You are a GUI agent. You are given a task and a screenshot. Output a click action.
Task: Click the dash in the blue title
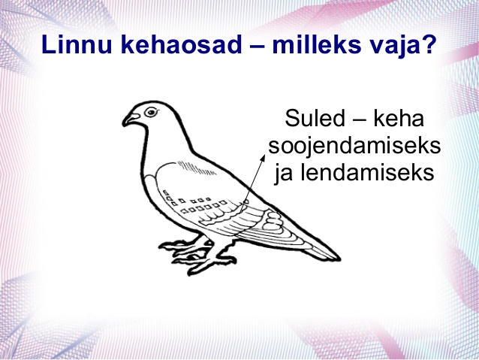[x=257, y=47]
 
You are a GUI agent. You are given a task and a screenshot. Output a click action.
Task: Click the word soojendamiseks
[x=354, y=146]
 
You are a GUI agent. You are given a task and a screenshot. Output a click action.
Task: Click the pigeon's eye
[x=151, y=112]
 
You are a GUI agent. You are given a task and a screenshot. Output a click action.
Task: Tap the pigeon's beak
[x=130, y=119]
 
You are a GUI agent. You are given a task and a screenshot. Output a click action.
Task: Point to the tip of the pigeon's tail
[x=339, y=259]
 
